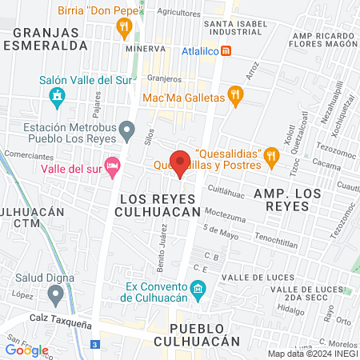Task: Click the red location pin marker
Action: coord(180,162)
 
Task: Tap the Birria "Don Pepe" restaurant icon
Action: coord(123,28)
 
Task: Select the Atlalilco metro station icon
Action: coord(227,51)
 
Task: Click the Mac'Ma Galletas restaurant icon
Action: coord(234,97)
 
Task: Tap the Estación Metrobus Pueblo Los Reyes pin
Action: coord(126,128)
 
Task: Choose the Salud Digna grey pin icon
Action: coord(55,296)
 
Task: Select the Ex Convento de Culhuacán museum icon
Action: coord(198,288)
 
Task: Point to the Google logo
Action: coord(27,350)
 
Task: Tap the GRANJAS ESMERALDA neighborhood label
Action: coord(50,39)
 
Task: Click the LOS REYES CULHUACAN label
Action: coord(157,204)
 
